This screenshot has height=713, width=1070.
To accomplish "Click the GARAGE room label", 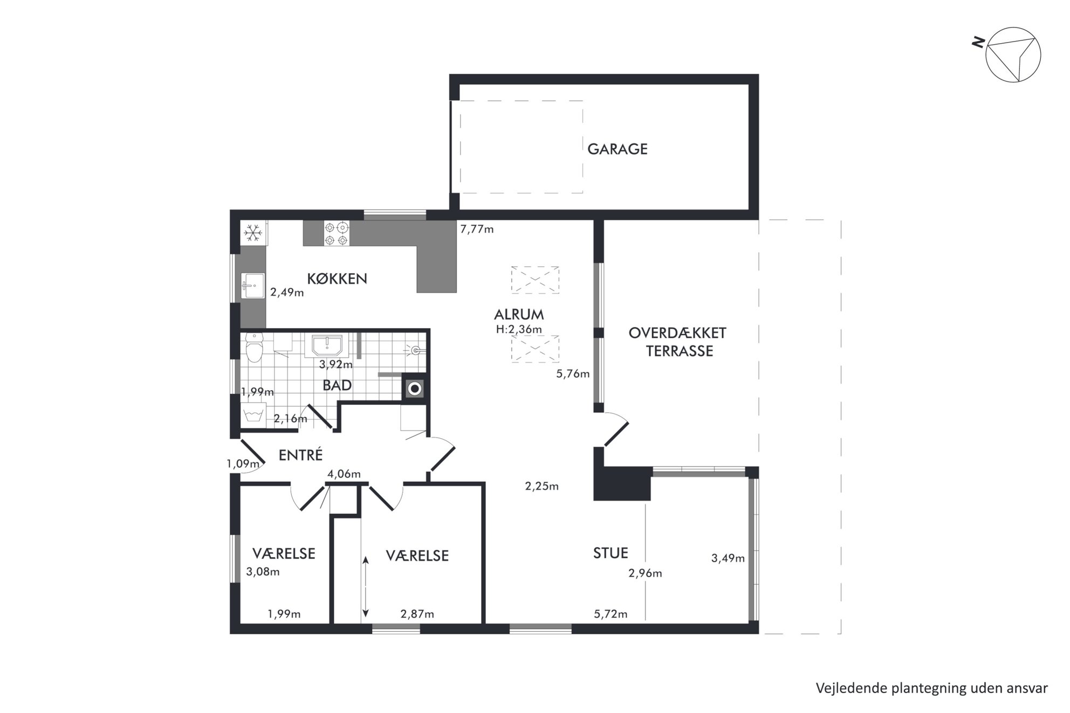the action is (617, 149).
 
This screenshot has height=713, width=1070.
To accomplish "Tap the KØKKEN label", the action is (337, 279).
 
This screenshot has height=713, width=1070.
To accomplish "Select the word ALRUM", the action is (519, 314).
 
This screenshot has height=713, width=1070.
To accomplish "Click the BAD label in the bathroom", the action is (337, 385).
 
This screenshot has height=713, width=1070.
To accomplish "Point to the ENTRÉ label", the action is (300, 455).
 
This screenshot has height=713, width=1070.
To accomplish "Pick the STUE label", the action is (611, 553).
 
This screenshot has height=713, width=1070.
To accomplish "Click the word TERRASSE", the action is (680, 351).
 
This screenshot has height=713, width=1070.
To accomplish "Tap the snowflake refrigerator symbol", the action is (252, 233).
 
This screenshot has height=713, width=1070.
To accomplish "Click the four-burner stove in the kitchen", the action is (335, 234).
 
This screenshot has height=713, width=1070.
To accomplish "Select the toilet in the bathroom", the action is (253, 348).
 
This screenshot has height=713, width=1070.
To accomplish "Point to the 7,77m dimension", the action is (477, 229).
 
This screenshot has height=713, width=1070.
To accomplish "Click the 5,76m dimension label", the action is (573, 373).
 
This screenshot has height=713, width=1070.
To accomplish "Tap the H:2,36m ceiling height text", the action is (519, 329).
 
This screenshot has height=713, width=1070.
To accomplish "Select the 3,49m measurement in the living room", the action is (728, 558).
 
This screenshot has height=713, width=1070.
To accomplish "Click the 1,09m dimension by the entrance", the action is (243, 463).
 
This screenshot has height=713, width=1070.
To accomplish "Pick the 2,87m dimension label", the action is (417, 614).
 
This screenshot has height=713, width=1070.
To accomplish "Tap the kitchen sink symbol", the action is (253, 285).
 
